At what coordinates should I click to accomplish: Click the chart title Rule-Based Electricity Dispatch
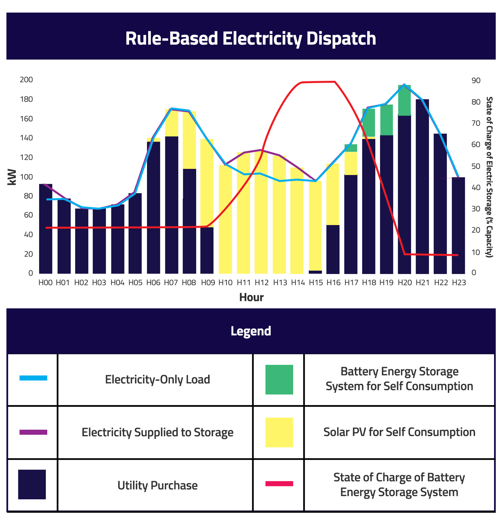pos(250,38)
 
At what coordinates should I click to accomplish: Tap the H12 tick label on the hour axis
pos(262,283)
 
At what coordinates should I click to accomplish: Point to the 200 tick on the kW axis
pos(26,80)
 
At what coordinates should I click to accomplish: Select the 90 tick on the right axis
pos(476,81)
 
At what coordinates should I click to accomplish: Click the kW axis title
pos(12,177)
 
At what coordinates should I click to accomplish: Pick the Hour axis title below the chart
pos(251,297)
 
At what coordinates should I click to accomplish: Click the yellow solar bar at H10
pos(225,219)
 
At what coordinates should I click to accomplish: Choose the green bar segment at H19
pos(387,120)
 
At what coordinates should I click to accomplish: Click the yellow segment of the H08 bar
pos(189,140)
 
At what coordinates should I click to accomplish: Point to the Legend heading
pos(251,331)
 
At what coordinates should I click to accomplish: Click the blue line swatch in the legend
pos(33,378)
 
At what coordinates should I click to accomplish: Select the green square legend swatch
pos(279,380)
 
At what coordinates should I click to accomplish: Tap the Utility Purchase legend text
pos(157,485)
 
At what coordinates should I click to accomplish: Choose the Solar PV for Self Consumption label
pos(399,432)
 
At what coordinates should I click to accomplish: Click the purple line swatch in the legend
pos(33,432)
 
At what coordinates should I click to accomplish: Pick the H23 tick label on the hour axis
pos(459,283)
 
